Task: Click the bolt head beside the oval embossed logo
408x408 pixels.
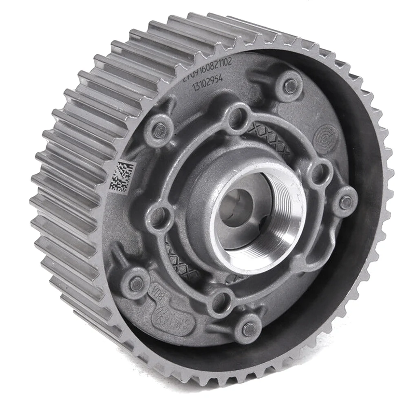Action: (136, 282)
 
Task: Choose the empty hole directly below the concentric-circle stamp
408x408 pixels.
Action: (319, 172)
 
